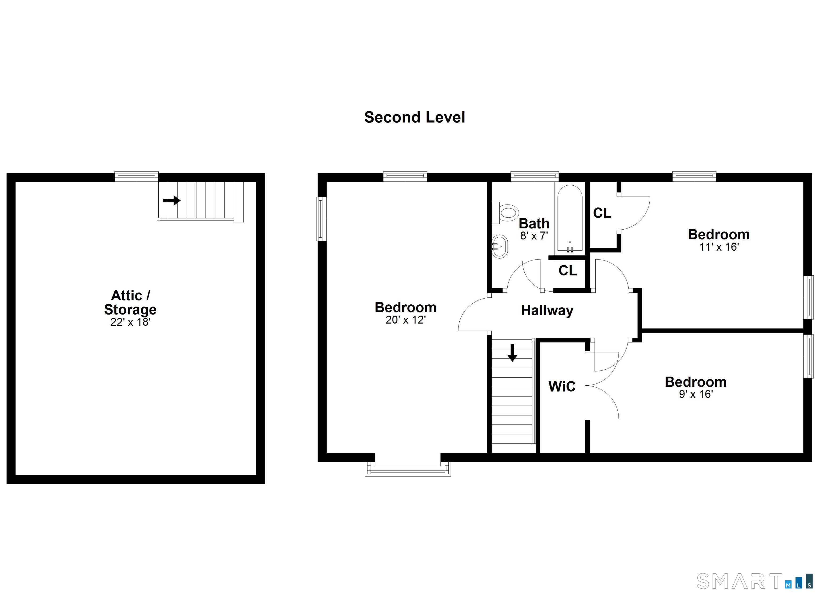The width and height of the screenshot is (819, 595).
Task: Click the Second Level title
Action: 415,117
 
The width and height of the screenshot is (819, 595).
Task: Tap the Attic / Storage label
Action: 130,302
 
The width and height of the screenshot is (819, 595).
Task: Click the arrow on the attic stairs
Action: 171,200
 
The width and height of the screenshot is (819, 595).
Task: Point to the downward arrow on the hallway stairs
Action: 512,353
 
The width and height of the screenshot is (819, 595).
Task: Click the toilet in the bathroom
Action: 507,213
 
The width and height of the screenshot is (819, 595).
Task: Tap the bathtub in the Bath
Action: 570,218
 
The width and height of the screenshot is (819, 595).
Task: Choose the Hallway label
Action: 547,310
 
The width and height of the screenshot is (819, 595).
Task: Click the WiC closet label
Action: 562,386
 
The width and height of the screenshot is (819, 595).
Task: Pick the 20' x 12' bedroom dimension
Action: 406,320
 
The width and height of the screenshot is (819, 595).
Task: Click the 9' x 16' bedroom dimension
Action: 696,394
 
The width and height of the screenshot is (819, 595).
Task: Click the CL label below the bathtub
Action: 568,270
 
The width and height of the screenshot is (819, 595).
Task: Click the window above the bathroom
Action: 535,176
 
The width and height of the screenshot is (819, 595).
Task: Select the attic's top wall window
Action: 136,176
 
